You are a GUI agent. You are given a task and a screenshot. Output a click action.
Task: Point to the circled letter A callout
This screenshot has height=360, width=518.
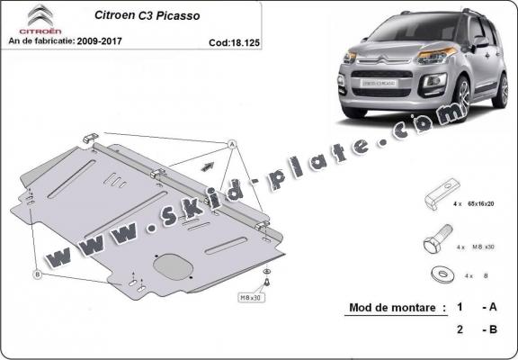pos(230,144)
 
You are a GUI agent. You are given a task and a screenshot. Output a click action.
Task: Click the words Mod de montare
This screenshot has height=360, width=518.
pos(396,308)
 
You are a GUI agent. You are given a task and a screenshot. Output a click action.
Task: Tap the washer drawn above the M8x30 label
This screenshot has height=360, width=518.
pos(266,271)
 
